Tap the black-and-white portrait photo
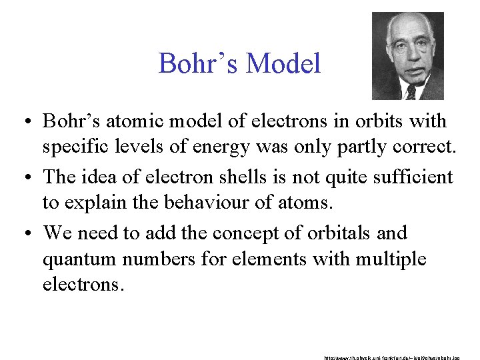pyautogui.click(x=407, y=56)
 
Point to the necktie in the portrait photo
pyautogui.click(x=410, y=93)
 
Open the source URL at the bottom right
pyautogui.click(x=398, y=357)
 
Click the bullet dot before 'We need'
pyautogui.click(x=30, y=234)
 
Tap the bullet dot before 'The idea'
pyautogui.click(x=30, y=178)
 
